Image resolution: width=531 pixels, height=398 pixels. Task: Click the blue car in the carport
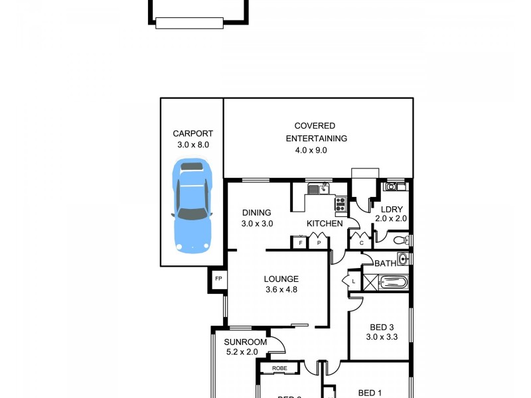(x=192, y=206)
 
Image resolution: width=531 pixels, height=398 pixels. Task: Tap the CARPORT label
(x=192, y=133)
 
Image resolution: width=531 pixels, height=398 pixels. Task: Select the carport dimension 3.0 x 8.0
(x=192, y=144)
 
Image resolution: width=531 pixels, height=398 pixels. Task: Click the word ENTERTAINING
(x=317, y=139)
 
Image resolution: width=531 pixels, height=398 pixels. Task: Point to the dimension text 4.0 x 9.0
(x=311, y=150)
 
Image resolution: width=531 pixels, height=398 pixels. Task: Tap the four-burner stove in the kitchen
(x=341, y=204)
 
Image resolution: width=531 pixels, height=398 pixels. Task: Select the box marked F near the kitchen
(x=301, y=243)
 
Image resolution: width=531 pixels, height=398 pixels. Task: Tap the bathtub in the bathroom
(x=391, y=284)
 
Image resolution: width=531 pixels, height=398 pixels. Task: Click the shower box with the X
(x=370, y=284)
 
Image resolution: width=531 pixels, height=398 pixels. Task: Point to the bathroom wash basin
(x=402, y=259)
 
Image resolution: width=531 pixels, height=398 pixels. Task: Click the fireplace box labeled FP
(x=218, y=279)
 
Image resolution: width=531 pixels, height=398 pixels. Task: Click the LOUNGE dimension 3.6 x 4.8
(x=281, y=290)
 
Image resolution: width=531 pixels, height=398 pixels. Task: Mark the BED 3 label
(x=382, y=326)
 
